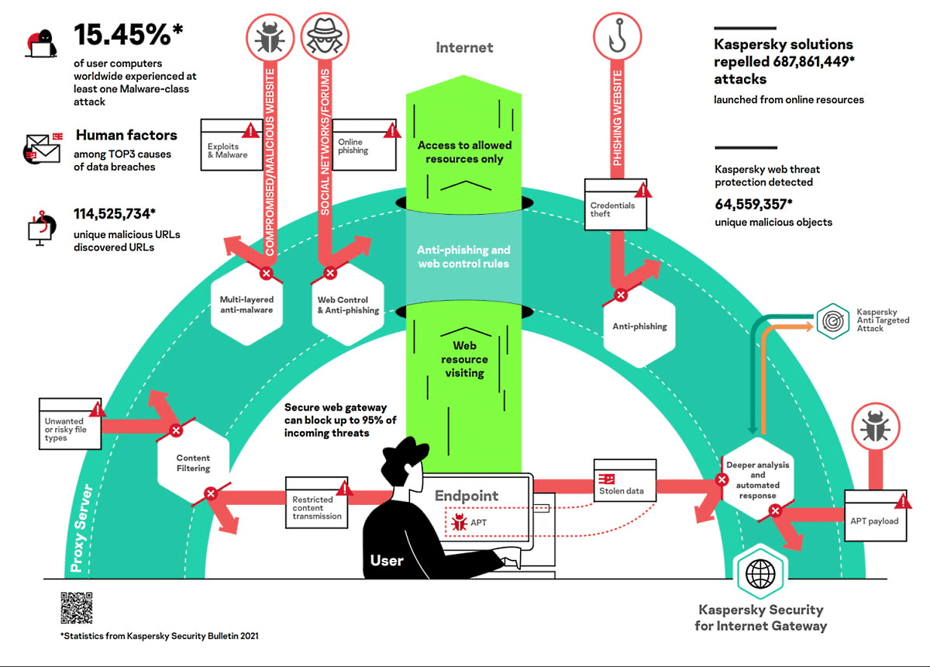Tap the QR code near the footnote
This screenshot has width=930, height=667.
point(76,608)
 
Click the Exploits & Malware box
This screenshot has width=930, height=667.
point(229,145)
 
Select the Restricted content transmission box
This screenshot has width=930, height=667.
point(317,505)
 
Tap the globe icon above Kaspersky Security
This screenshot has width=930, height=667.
point(759,575)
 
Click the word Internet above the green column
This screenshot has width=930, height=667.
point(464,47)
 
